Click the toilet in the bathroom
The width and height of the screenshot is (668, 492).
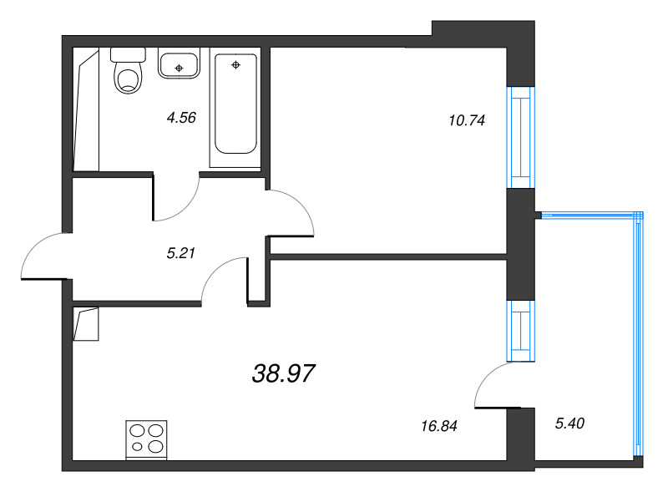pyautogui.click(x=127, y=72)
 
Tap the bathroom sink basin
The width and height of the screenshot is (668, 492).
pyautogui.click(x=178, y=63)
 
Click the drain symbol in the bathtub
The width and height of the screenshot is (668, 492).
pyautogui.click(x=236, y=64)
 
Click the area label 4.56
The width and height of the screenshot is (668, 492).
pyautogui.click(x=181, y=118)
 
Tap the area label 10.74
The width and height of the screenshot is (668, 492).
pyautogui.click(x=467, y=119)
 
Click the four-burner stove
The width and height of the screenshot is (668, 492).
pyautogui.click(x=147, y=439)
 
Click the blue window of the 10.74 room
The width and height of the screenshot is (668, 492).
pyautogui.click(x=520, y=137)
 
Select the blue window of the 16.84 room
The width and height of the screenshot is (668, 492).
pyautogui.click(x=520, y=329)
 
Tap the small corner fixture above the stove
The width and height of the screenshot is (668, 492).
pyautogui.click(x=86, y=324)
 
